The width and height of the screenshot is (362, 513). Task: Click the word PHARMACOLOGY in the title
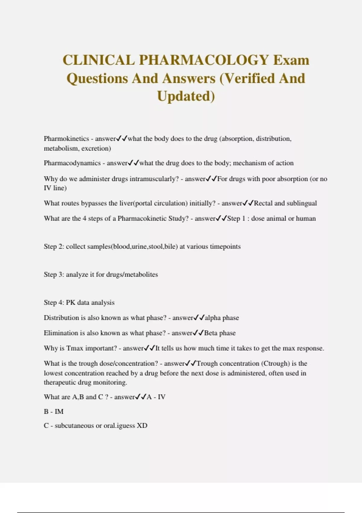[204, 60]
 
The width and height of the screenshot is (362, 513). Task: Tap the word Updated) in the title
[186, 96]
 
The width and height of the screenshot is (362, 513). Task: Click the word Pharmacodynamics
[72, 163]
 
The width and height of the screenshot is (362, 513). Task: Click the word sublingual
[302, 203]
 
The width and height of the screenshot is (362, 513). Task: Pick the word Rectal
[263, 203]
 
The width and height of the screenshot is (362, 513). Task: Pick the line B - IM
[54, 412]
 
